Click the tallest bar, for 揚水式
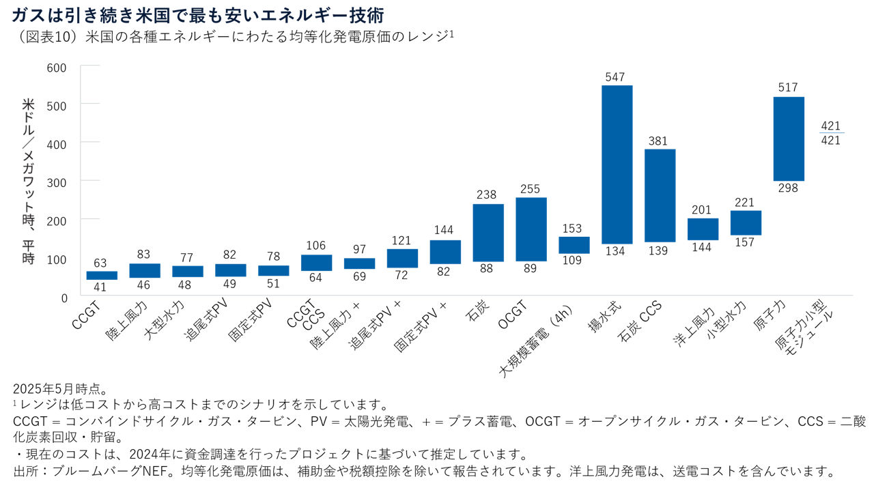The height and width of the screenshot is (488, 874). [617, 164]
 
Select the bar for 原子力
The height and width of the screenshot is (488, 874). [788, 139]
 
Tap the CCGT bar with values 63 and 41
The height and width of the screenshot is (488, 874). [102, 275]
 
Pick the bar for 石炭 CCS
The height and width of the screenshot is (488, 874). [660, 195]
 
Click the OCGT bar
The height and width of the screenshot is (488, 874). [531, 229]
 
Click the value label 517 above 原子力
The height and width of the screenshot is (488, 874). [788, 88]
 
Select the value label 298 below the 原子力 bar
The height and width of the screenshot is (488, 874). [788, 188]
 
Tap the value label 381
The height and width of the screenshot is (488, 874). [660, 141]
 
